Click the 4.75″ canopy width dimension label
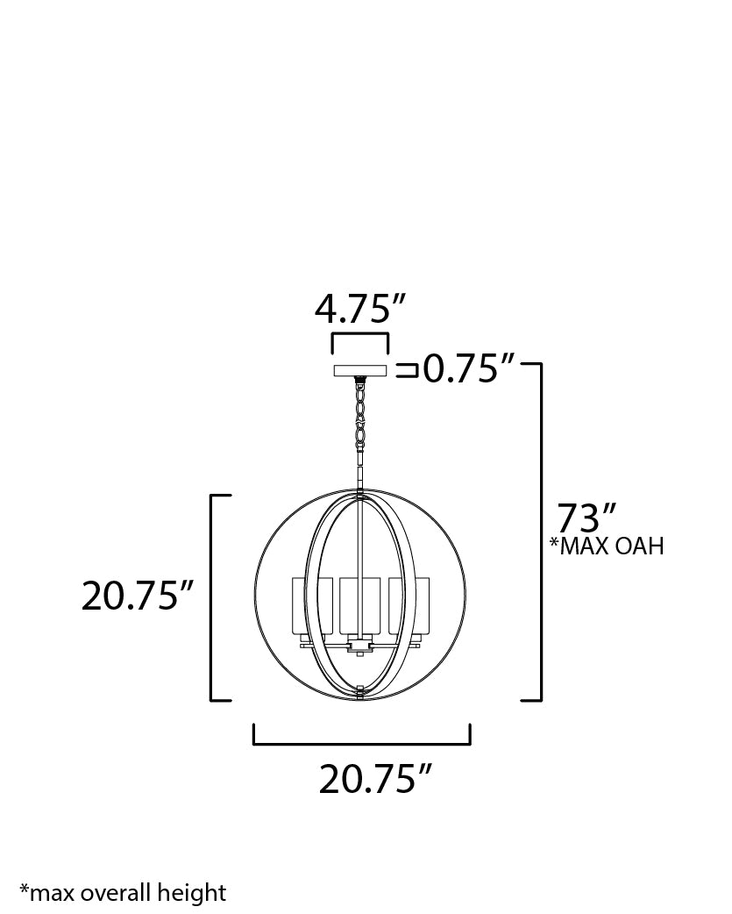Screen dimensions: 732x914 pyautogui.click(x=359, y=309)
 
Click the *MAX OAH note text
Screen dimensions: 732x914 pyautogui.click(x=607, y=546)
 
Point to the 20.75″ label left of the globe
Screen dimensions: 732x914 pyautogui.click(x=137, y=595)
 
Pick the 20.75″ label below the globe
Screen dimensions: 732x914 pyautogui.click(x=375, y=779)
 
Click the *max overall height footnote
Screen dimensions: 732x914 pyautogui.click(x=123, y=892)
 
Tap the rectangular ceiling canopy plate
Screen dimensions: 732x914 pyautogui.click(x=360, y=371)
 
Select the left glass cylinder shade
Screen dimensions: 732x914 pyautogui.click(x=311, y=606)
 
